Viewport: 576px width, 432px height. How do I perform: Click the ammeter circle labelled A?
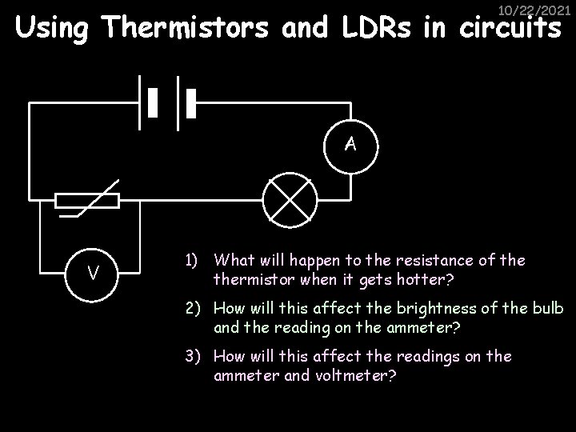tap(350, 144)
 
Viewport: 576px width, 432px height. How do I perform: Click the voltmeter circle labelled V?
tap(94, 274)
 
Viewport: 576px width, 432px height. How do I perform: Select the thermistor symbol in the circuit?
tap(88, 200)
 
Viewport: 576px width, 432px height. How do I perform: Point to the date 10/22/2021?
tap(530, 11)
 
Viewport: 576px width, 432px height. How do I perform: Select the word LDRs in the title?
tap(387, 29)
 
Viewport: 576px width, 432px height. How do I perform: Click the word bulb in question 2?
tap(549, 309)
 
